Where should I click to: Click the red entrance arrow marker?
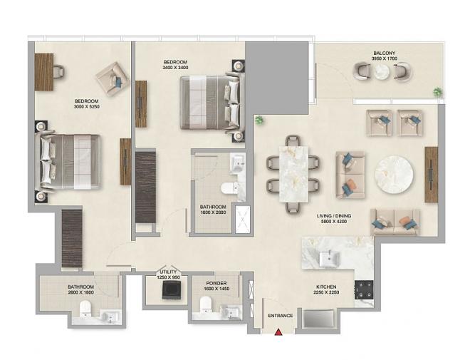tap(278, 331)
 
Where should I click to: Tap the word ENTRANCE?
tap(281, 316)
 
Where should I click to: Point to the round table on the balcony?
tap(381, 72)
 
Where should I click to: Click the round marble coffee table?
tap(395, 175)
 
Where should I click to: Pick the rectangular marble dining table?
tap(293, 175)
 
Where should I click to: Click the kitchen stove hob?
tap(364, 290)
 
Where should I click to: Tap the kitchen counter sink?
tap(330, 259)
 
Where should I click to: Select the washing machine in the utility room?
tap(171, 290)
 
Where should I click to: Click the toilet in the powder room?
tap(206, 304)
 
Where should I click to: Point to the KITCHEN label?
tap(326, 287)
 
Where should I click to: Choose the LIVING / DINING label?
tap(334, 216)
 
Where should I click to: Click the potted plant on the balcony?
tap(438, 92)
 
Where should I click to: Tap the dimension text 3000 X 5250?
tap(87, 106)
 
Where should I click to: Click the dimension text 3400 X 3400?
tap(175, 68)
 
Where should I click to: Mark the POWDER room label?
tap(216, 283)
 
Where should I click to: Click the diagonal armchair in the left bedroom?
tap(112, 79)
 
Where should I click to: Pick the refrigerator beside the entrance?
tap(318, 319)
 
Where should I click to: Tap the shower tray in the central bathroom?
tap(242, 220)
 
